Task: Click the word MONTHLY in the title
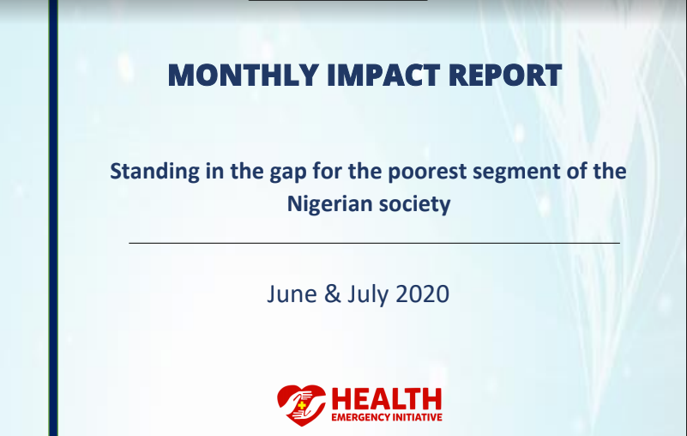244,75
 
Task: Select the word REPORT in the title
504,75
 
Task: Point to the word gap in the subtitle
288,173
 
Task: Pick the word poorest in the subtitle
427,172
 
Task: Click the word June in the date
292,294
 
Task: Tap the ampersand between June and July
333,294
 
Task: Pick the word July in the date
368,294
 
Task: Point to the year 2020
422,294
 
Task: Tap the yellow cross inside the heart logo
301,405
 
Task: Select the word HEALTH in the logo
387,399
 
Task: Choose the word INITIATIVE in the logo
413,417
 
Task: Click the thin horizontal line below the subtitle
374,243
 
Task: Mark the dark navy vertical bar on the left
53,218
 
